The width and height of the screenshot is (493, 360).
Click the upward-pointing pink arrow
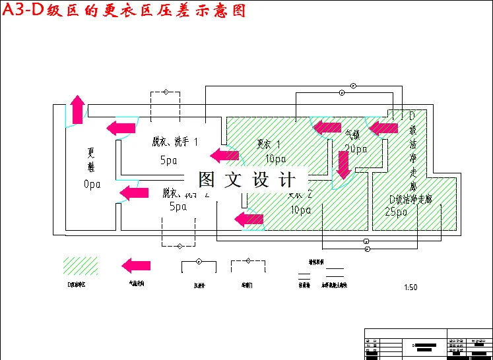click(78, 109)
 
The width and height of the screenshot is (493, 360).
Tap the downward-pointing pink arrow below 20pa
click(343, 165)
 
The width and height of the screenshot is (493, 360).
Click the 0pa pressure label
click(92, 185)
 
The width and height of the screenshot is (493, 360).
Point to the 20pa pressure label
click(356, 149)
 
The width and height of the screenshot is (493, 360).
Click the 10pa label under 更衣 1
click(275, 158)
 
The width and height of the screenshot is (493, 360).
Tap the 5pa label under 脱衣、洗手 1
click(169, 160)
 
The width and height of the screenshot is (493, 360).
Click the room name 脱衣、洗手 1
click(175, 142)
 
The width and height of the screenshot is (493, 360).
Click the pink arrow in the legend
click(136, 265)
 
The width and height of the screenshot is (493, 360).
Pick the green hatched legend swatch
click(80, 266)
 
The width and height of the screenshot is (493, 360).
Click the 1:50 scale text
click(411, 287)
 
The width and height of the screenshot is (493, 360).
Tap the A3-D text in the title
click(22, 11)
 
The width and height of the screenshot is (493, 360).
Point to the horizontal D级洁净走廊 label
click(411, 199)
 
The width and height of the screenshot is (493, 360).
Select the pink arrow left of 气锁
click(327, 127)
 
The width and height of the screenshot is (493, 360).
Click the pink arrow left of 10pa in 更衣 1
click(224, 156)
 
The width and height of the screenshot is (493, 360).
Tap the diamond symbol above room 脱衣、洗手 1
click(166, 92)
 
